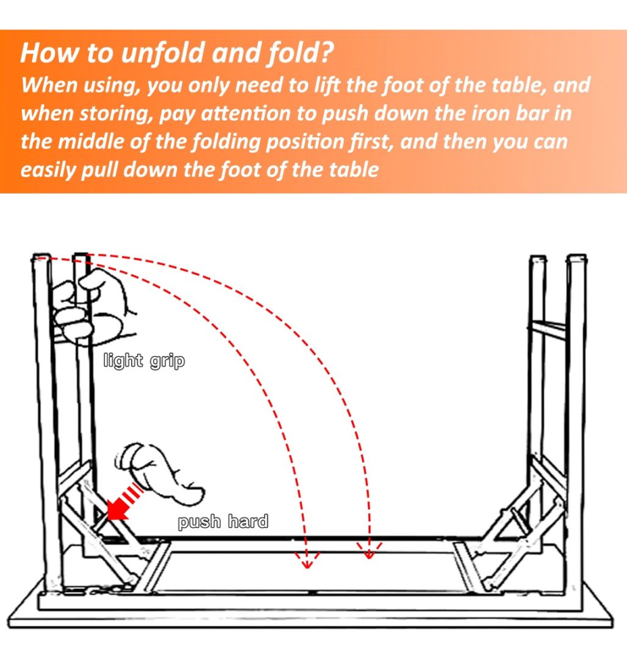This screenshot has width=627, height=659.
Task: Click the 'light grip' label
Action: (x=144, y=361)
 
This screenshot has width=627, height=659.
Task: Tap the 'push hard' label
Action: (x=223, y=522)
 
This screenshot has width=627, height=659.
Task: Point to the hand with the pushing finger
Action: (x=160, y=473)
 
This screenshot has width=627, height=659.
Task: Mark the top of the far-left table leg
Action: (x=41, y=257)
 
